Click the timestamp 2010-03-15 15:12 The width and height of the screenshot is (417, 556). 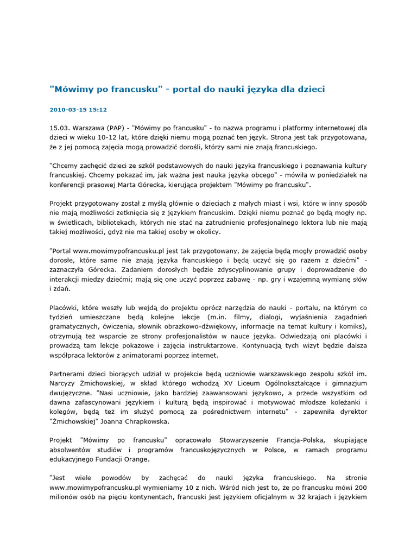pos(78,110)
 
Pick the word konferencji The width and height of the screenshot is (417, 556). pos(71,185)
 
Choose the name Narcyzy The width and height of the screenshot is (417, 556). pos(64,383)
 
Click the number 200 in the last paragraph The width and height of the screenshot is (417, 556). pos(360,488)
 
